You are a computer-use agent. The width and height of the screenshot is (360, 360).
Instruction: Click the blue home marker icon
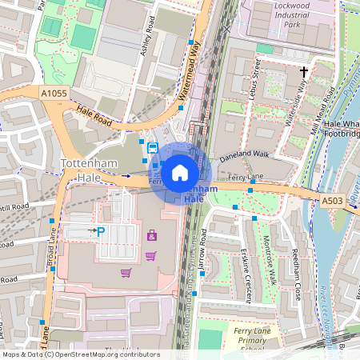coord(180,173)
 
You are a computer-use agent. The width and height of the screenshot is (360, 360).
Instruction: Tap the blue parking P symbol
coord(101,231)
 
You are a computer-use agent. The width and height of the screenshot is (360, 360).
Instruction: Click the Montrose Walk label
coord(272,264)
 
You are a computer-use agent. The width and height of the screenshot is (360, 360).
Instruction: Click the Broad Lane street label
coord(53,248)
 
